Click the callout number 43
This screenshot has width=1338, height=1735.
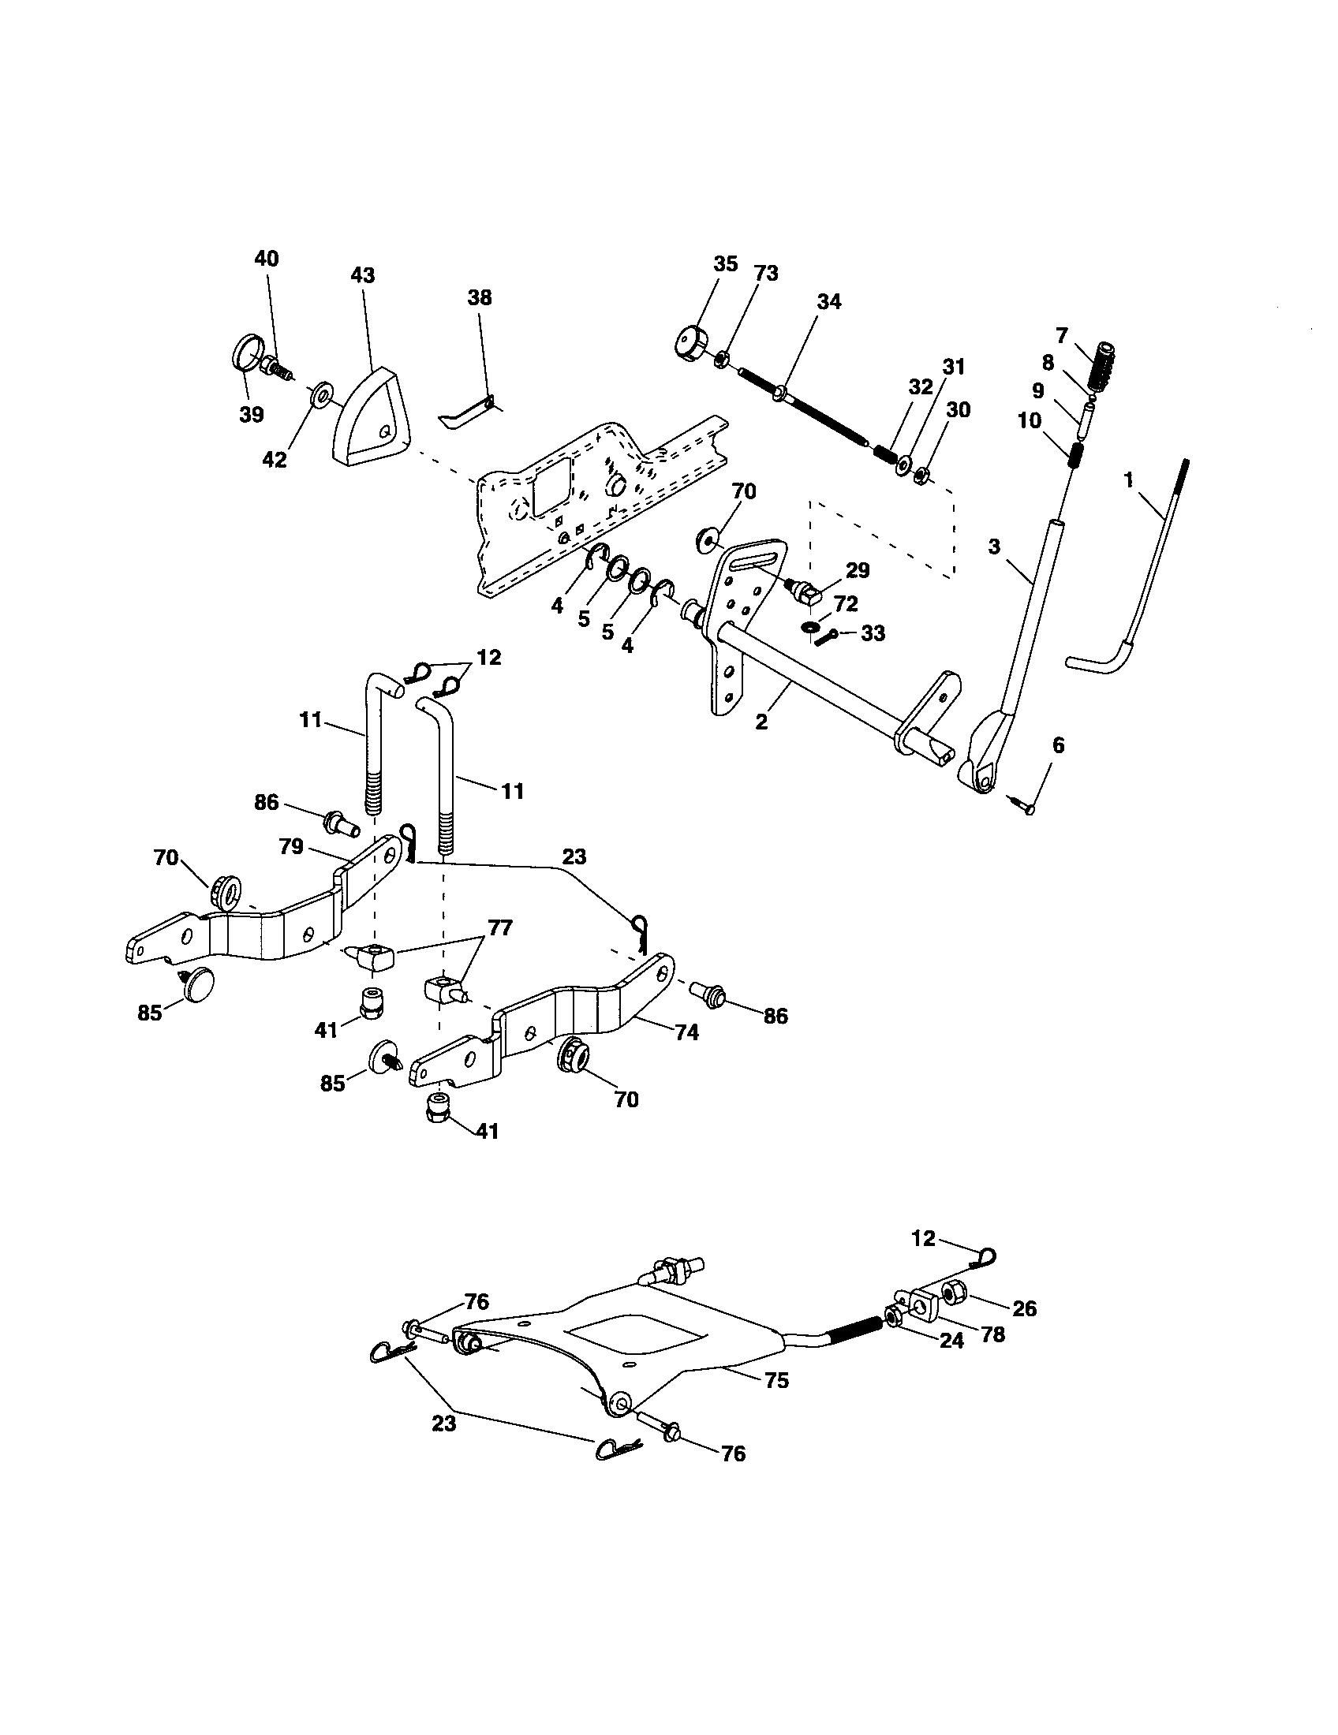(x=362, y=275)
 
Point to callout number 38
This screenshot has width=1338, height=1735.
(x=479, y=298)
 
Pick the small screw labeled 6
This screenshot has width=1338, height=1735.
(x=1023, y=804)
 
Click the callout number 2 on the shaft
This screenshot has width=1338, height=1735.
(x=761, y=723)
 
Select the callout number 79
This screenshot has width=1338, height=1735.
(x=292, y=847)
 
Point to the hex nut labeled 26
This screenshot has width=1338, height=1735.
(x=953, y=1296)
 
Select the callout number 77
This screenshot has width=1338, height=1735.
(x=501, y=927)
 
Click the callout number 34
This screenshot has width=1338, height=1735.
(x=828, y=302)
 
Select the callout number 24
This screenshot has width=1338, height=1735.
(x=951, y=1341)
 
